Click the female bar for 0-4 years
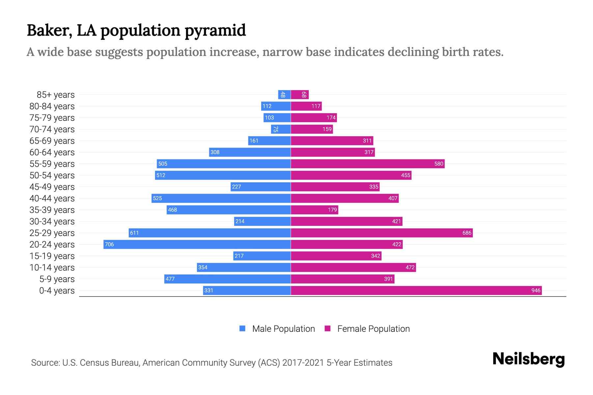point(416,290)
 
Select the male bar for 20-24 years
point(197,244)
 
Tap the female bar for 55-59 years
point(368,164)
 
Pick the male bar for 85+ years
point(284,95)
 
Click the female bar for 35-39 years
point(314,210)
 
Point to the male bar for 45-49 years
point(261,187)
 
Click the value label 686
point(467,233)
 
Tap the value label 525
point(157,198)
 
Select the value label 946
point(536,290)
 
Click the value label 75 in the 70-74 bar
point(276,129)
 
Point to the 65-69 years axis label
point(52,141)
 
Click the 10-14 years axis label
point(52,268)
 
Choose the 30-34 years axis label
point(52,222)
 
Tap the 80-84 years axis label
point(52,106)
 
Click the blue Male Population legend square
point(242,329)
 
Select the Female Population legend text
point(373,329)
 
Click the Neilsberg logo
point(528,359)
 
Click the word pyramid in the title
point(215,31)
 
